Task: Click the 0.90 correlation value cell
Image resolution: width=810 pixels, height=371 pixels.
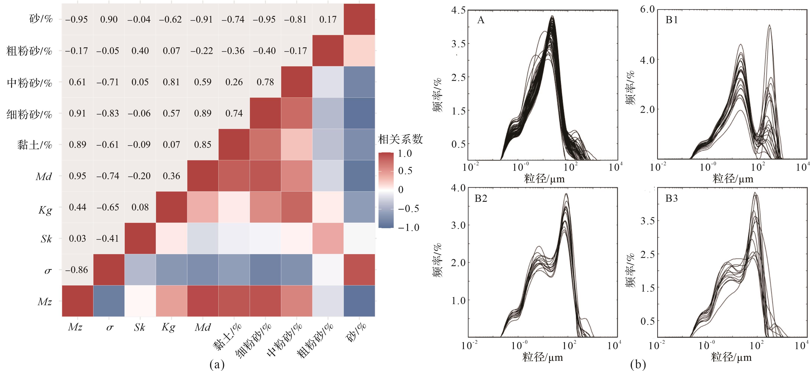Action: (109, 20)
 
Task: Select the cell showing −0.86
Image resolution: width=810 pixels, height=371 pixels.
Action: (77, 270)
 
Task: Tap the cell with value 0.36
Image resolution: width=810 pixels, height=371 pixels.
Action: (171, 176)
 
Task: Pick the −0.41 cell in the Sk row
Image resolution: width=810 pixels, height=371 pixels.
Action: (108, 238)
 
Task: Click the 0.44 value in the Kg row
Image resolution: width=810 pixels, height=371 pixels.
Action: (77, 207)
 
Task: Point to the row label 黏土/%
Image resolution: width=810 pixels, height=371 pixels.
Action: (35, 145)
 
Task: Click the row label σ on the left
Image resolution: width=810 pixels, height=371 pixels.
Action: (48, 270)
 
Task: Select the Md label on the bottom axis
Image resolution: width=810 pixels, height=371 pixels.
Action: (202, 328)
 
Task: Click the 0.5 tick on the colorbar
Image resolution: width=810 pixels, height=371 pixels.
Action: (405, 171)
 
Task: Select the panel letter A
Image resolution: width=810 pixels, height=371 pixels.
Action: (481, 20)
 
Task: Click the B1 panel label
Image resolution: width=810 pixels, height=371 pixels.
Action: (672, 20)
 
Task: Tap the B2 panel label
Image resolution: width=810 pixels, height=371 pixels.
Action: (481, 198)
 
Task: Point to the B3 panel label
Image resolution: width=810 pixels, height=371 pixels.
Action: (672, 198)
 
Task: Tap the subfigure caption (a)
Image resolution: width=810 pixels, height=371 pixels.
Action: (217, 364)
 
